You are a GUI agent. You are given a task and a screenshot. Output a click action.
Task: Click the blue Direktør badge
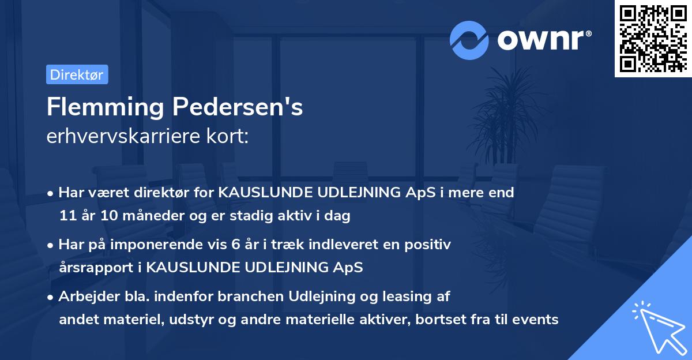[x=77, y=74]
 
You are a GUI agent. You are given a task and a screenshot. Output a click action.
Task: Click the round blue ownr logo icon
[x=469, y=40]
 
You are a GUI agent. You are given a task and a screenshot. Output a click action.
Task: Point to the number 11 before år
[x=67, y=216]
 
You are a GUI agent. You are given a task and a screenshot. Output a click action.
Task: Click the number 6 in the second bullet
[x=235, y=245]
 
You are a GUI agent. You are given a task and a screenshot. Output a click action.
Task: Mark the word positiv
[x=430, y=245]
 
